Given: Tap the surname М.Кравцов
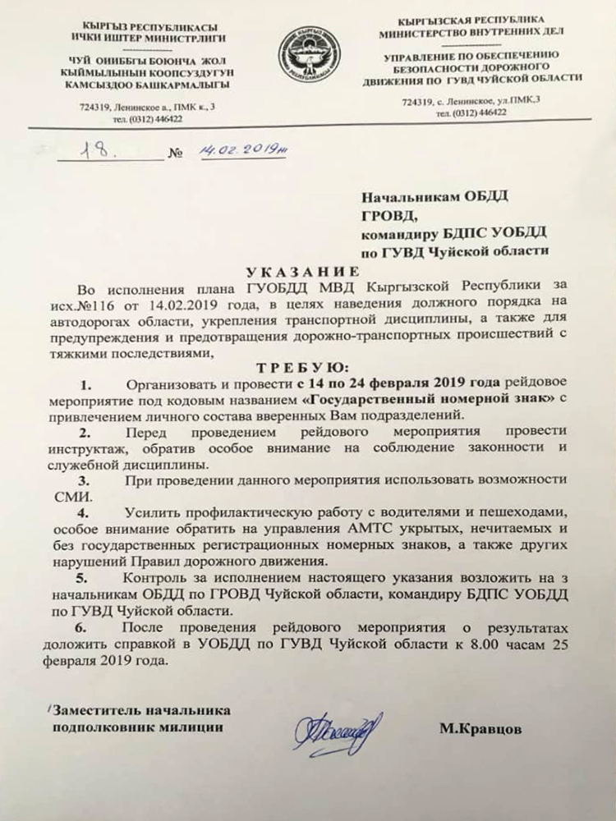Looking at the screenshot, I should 480,727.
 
